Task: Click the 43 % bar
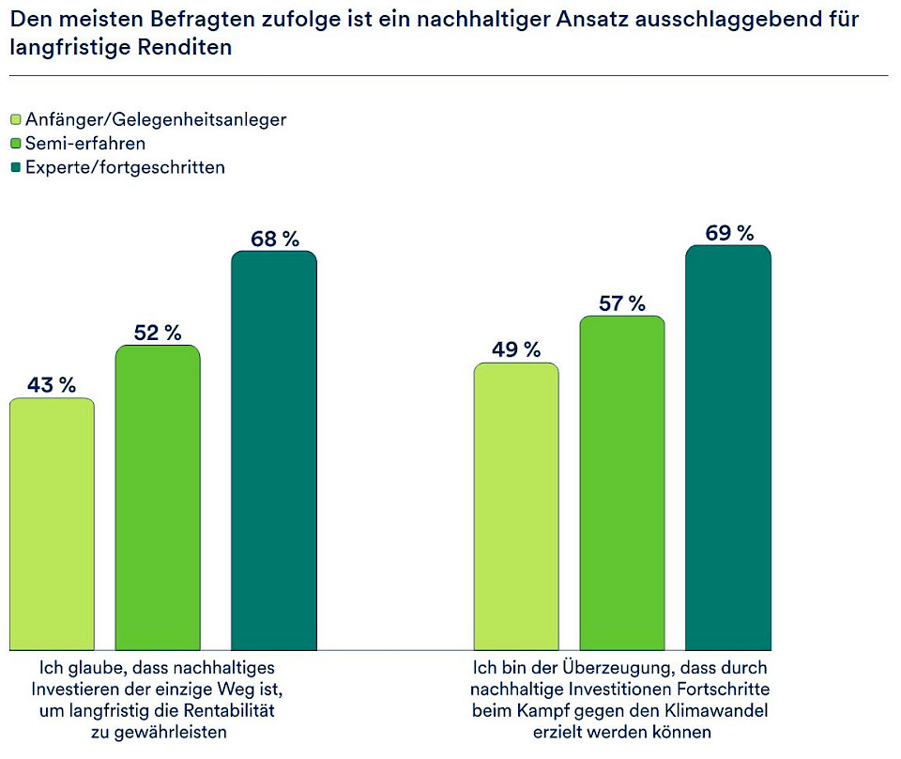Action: [x=52, y=523]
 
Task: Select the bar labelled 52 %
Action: [x=158, y=497]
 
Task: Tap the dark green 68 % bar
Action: [x=274, y=450]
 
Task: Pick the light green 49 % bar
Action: [x=516, y=505]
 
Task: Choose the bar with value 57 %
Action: [x=622, y=482]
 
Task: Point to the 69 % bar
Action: [x=728, y=447]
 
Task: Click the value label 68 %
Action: [x=274, y=239]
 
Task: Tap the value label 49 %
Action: [x=516, y=350]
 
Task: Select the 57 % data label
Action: [x=622, y=303]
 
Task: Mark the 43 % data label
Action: [x=52, y=385]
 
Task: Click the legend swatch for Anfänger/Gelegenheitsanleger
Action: [x=15, y=120]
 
